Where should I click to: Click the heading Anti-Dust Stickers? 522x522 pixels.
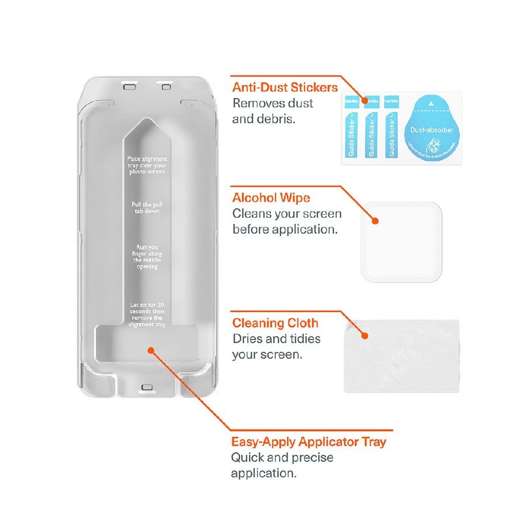click(285, 87)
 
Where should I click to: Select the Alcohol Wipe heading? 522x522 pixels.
click(271, 198)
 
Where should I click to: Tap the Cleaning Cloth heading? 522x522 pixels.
click(275, 323)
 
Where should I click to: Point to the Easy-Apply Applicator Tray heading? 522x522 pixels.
click(309, 442)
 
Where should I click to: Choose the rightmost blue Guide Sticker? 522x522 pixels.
click(391, 130)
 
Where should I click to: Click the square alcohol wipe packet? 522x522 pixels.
click(402, 242)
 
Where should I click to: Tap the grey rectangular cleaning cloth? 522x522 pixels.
click(401, 356)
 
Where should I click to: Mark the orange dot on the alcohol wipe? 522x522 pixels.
click(374, 220)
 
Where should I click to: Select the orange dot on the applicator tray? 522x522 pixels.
click(150, 350)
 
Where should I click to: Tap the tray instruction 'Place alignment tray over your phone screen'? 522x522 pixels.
click(147, 165)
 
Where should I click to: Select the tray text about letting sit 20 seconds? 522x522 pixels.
click(147, 314)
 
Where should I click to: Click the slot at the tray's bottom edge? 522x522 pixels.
click(146, 387)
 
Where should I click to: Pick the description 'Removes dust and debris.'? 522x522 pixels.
click(272, 111)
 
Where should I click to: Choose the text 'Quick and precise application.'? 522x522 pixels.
click(282, 466)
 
